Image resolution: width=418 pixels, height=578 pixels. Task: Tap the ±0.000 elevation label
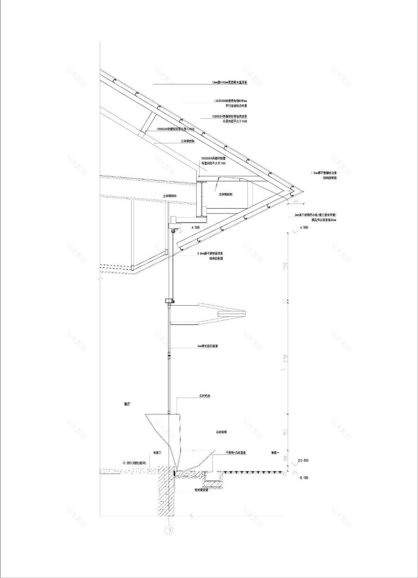(303, 460)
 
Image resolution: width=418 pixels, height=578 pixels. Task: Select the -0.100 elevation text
(303, 477)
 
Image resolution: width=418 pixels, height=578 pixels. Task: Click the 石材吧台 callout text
(205, 395)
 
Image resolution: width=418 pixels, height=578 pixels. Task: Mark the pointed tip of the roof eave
(303, 191)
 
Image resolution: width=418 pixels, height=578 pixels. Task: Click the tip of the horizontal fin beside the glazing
(245, 313)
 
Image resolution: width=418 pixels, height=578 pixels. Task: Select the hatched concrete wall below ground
(164, 494)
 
